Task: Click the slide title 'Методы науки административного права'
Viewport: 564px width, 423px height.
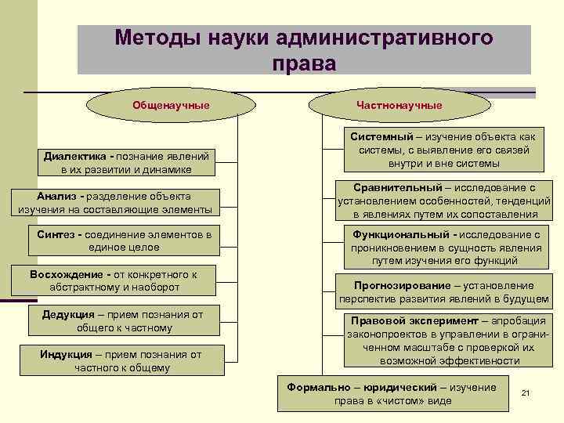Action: click(304, 49)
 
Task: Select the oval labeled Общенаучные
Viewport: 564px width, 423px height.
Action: click(172, 104)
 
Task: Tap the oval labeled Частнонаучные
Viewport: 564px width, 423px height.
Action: click(399, 104)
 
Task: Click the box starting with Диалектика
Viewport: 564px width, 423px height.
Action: click(128, 162)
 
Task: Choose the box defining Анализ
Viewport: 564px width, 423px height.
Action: click(114, 201)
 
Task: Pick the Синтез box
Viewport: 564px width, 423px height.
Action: click(124, 240)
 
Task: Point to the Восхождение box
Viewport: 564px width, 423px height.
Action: click(112, 280)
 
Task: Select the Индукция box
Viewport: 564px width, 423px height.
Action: click(121, 360)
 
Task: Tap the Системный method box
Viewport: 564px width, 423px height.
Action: click(443, 150)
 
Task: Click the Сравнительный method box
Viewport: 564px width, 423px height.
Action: click(443, 200)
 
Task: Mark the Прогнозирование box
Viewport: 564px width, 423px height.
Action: click(443, 291)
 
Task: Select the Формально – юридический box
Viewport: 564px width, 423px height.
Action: click(391, 393)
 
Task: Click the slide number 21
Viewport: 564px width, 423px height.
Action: click(526, 392)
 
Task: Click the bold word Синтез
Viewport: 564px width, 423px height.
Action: click(55, 234)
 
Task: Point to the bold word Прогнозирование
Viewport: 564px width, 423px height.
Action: click(402, 285)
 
